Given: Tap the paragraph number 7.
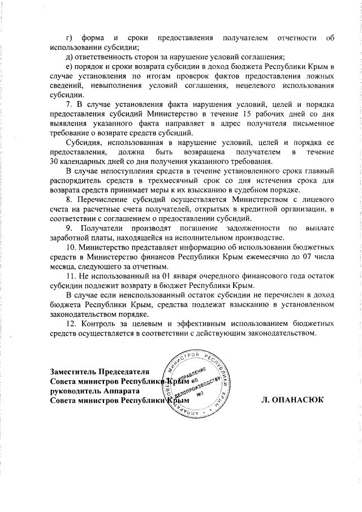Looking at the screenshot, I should [68, 105].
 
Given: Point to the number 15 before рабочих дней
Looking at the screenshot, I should [244, 114].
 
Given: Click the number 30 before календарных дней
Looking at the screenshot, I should [55, 161].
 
